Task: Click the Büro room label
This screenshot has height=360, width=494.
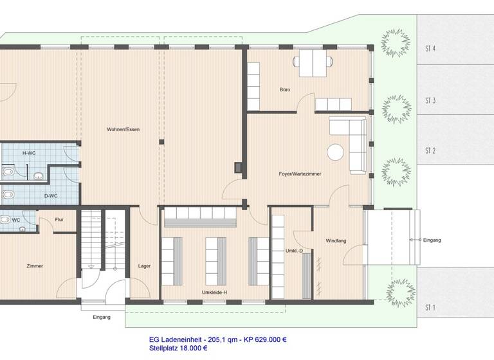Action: tap(284, 89)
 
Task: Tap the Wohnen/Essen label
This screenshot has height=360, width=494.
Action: tap(123, 130)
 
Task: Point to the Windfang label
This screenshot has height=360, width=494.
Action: tap(336, 240)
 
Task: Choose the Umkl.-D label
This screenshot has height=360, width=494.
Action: tap(293, 251)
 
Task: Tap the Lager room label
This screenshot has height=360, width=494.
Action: tap(144, 265)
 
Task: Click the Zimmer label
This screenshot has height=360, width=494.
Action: tap(35, 265)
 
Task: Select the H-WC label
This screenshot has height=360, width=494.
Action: tap(29, 153)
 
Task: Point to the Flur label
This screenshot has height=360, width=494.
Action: tap(59, 219)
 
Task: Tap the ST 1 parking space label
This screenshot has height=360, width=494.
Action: tap(430, 308)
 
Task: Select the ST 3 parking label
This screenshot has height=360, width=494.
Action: tap(430, 100)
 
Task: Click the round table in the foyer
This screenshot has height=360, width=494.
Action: tap(335, 152)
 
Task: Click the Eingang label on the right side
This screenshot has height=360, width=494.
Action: tap(432, 240)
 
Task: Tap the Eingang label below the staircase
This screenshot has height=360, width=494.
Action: tap(101, 316)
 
